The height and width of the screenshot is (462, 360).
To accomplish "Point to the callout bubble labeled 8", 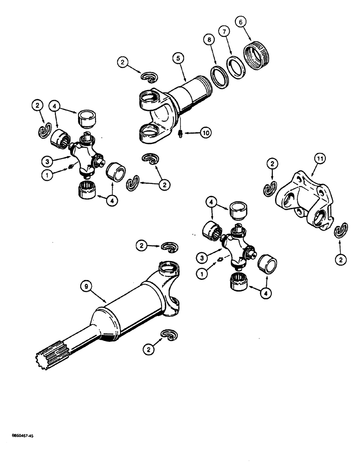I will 210,40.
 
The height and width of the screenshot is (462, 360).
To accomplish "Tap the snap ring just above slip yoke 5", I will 149,75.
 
